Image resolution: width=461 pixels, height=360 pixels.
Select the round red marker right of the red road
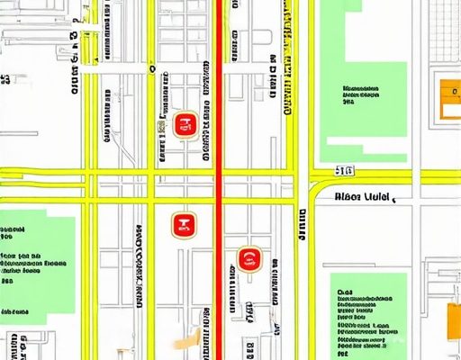[249, 261]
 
